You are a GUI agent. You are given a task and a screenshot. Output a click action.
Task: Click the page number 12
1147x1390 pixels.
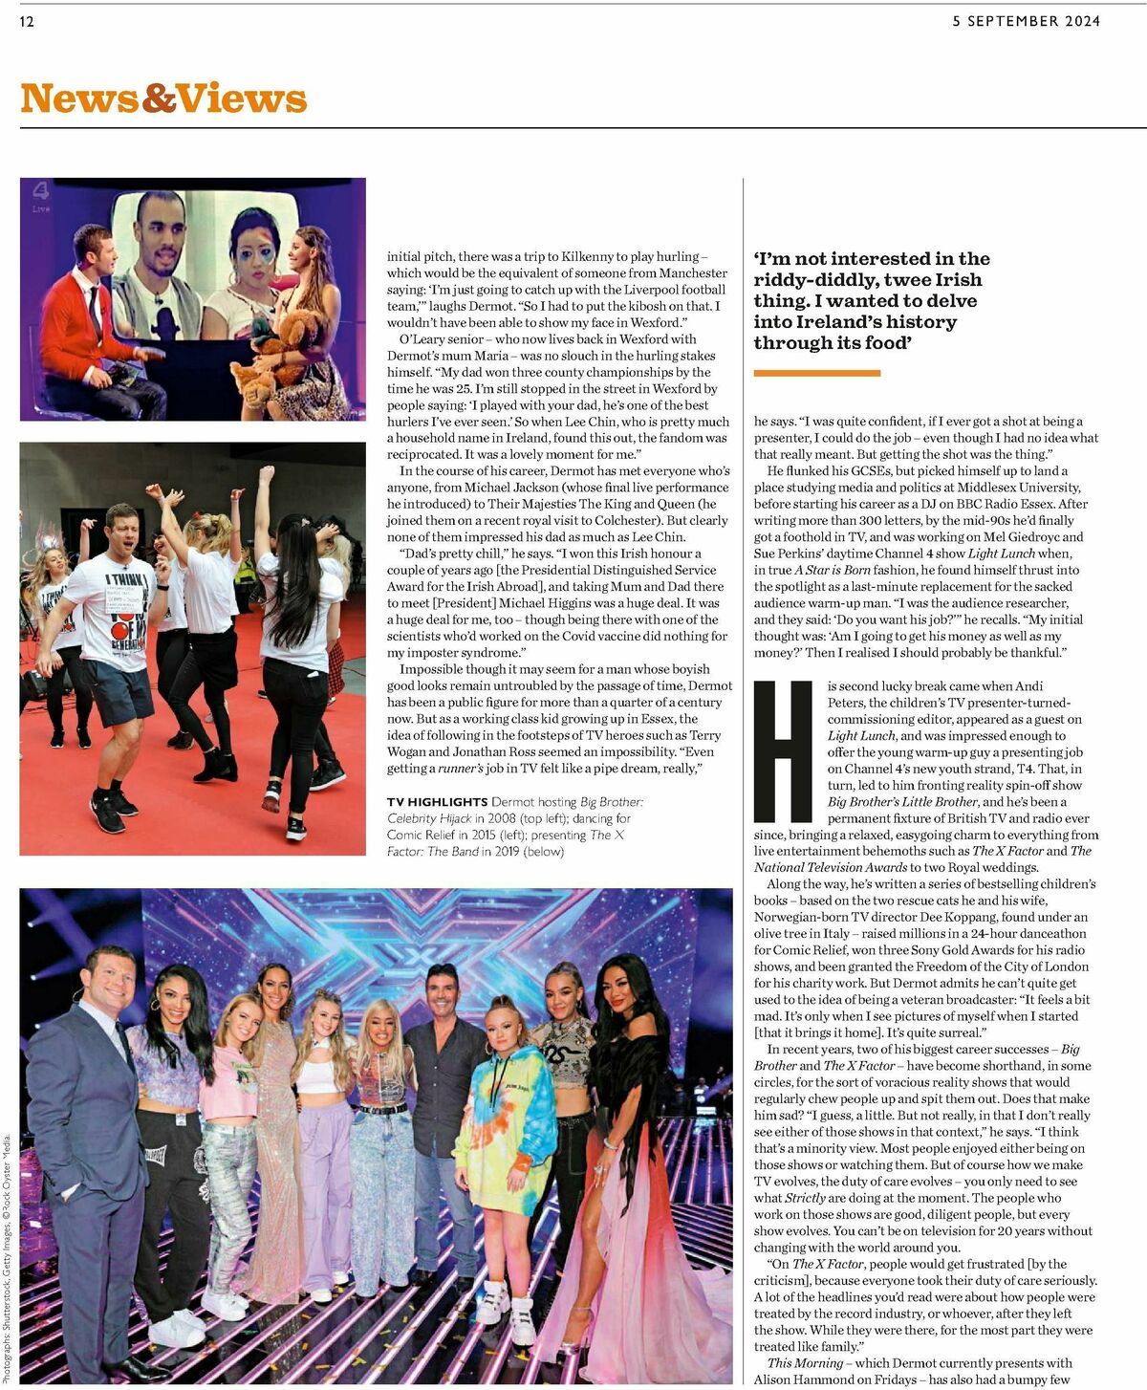tap(27, 21)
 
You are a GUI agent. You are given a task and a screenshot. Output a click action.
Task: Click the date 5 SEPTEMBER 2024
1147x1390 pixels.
tap(1026, 21)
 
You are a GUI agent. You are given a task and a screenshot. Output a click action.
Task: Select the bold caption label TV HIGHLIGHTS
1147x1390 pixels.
tap(437, 802)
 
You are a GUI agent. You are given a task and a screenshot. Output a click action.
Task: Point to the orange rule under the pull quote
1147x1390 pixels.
tap(816, 373)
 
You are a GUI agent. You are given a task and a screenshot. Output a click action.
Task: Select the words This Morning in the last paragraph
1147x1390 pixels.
tap(805, 1363)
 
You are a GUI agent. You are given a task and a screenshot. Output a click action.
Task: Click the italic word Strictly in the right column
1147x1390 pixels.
tap(805, 1198)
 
